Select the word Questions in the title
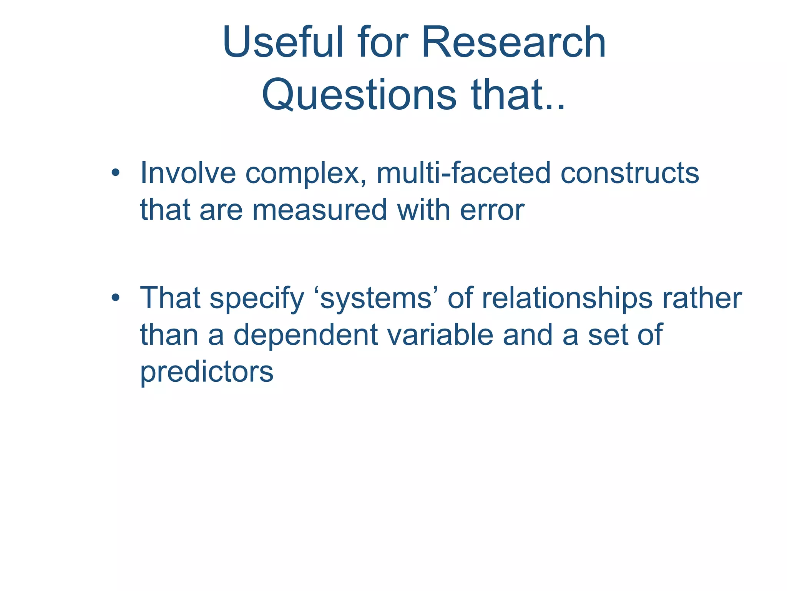(x=359, y=94)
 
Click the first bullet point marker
(x=115, y=173)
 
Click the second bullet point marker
(x=115, y=298)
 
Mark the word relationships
(x=567, y=299)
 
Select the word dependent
(x=306, y=335)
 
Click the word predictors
(x=207, y=372)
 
